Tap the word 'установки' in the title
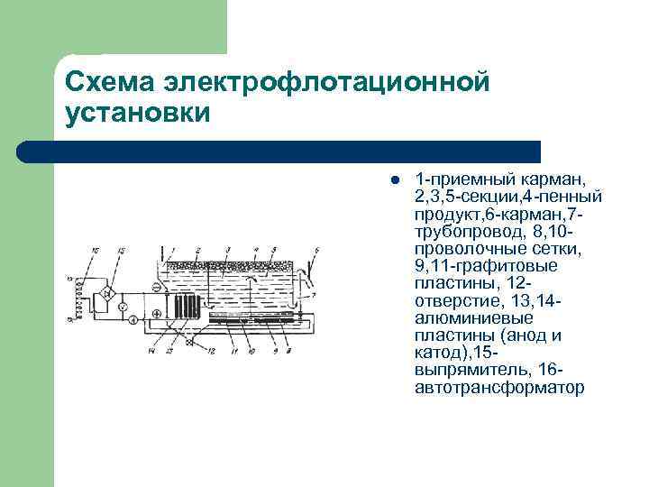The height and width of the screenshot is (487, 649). click(x=138, y=115)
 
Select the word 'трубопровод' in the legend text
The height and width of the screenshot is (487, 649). click(x=461, y=232)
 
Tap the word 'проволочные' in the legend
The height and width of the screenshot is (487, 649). click(x=462, y=249)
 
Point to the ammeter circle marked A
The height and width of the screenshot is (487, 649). click(x=133, y=319)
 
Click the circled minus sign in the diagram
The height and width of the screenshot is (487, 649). click(x=157, y=287)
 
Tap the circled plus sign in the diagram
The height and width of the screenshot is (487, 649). click(x=157, y=314)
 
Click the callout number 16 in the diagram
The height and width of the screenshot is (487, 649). click(x=97, y=250)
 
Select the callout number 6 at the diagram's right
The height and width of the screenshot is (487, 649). click(x=316, y=249)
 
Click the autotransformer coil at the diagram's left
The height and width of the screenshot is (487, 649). click(x=83, y=297)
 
